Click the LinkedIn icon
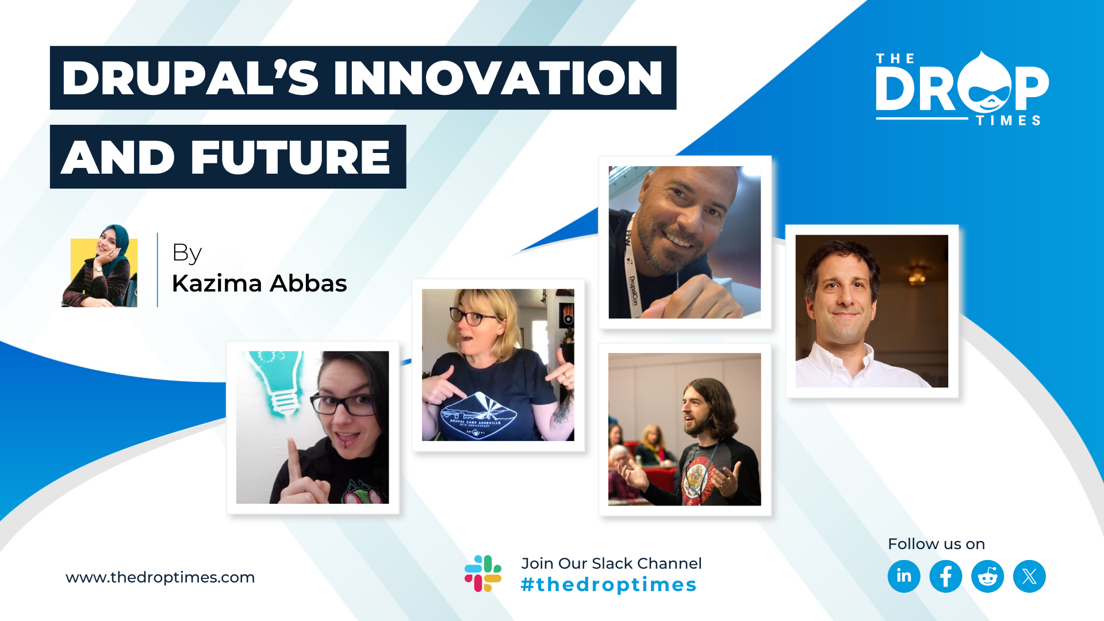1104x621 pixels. [904, 576]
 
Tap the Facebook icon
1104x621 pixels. [946, 576]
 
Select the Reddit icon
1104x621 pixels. [988, 576]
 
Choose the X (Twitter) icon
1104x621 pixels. [1029, 576]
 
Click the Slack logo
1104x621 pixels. [483, 573]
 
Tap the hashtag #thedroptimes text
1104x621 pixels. [608, 585]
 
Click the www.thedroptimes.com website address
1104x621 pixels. [160, 577]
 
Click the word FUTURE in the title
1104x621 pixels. [290, 157]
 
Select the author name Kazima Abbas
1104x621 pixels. [259, 283]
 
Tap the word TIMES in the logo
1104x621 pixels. [1009, 120]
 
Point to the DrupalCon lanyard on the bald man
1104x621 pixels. [631, 265]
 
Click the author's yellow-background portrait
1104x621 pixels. [99, 266]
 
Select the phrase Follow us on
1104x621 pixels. [936, 544]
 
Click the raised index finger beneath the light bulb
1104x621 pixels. [295, 463]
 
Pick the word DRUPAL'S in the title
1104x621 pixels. [190, 78]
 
